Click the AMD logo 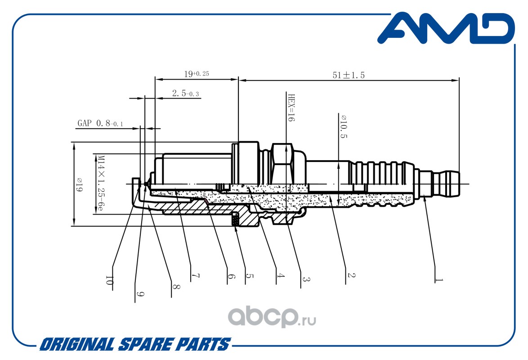[446, 28]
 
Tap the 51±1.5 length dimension [349, 75]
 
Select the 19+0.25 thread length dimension [197, 73]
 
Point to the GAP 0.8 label [100, 123]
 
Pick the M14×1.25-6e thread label [100, 183]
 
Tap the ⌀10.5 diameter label [344, 126]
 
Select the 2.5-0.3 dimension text [185, 93]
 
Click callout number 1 [439, 280]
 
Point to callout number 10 [108, 280]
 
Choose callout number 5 [249, 276]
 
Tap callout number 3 [305, 279]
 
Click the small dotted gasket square [235, 221]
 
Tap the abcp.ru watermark [272, 317]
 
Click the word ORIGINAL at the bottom [77, 345]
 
